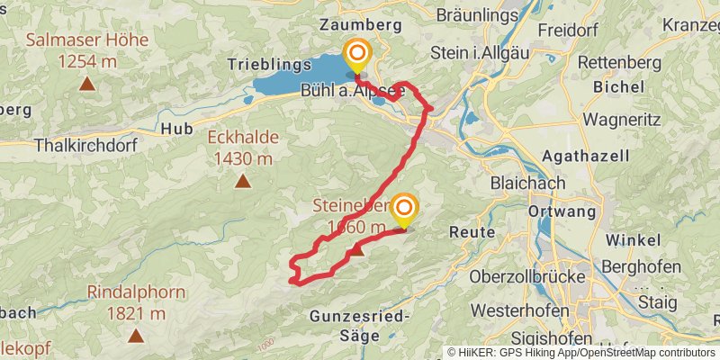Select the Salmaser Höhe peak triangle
point(87,85)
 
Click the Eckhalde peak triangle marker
point(242,181)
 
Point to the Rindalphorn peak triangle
point(136,337)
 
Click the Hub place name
point(176,129)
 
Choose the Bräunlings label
point(477,15)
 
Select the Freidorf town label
point(569,30)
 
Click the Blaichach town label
point(528,183)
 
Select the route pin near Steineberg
point(403,210)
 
